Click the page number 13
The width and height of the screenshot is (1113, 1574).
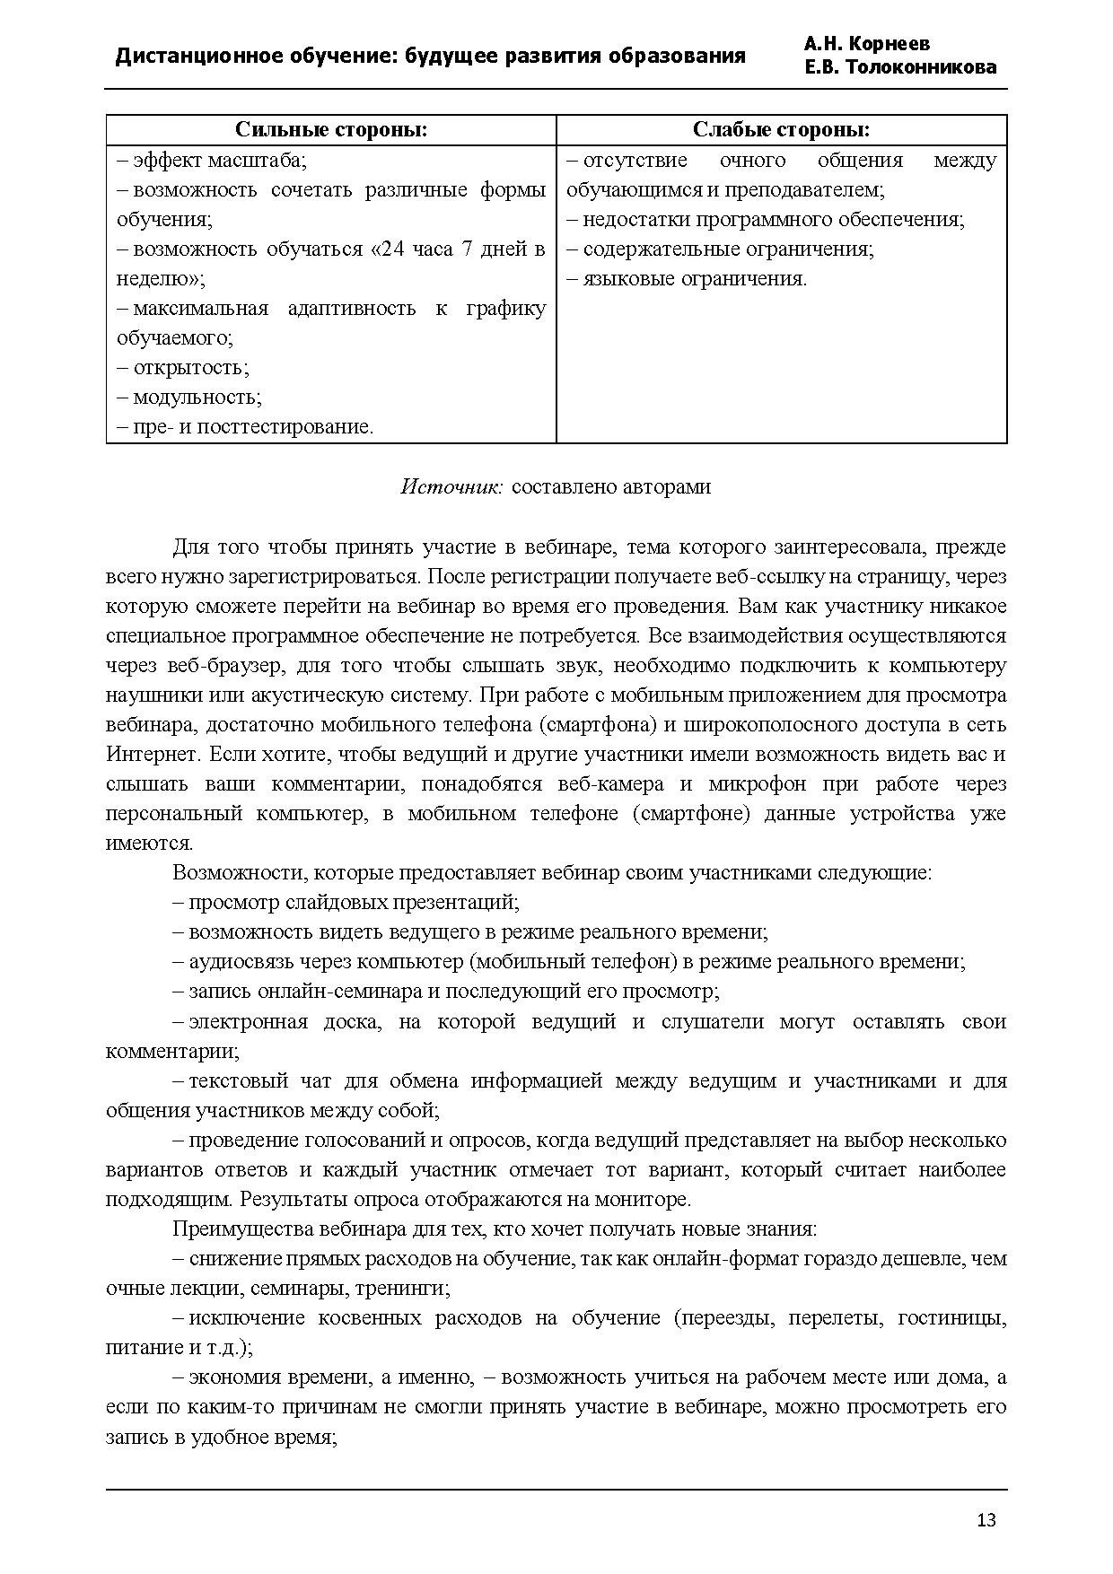(986, 1520)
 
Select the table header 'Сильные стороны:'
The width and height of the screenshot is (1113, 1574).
(330, 130)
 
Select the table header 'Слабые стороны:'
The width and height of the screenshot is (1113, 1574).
(781, 130)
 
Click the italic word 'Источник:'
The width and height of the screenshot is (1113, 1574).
(452, 486)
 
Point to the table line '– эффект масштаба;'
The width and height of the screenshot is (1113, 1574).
(212, 161)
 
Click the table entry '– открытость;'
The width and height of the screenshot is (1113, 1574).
(183, 367)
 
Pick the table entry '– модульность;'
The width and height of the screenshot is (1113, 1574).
(189, 397)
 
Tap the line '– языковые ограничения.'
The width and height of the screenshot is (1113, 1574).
(687, 278)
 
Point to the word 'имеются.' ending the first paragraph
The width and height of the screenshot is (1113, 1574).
(149, 843)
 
